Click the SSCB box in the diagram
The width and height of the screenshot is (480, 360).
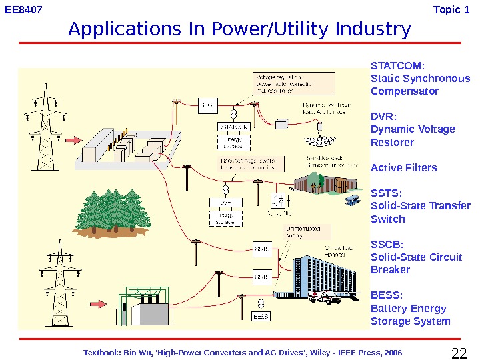208,105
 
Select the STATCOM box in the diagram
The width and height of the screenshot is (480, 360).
233,125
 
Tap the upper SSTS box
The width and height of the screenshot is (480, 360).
263,249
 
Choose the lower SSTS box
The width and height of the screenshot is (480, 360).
263,276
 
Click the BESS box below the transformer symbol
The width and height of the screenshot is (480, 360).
261,316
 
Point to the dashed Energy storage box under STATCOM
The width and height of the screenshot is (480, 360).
233,142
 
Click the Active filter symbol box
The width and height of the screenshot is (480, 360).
277,199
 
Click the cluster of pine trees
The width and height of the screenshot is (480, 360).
114,204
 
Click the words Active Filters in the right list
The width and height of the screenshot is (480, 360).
403,167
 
